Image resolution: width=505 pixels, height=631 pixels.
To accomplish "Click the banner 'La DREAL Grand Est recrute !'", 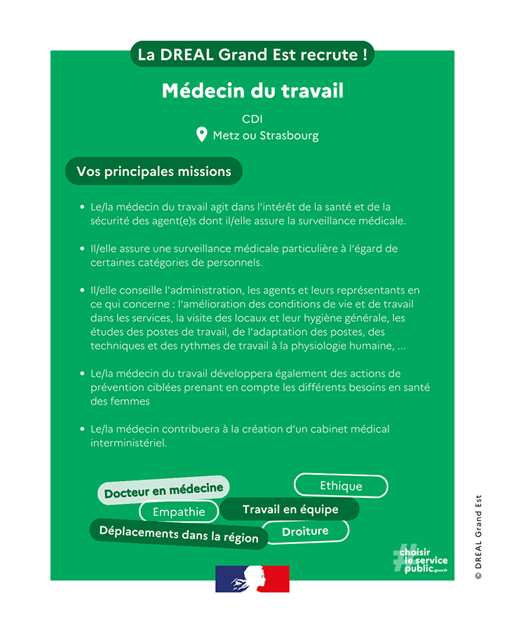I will click(x=252, y=55).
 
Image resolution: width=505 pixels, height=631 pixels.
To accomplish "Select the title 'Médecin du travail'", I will click(x=252, y=91).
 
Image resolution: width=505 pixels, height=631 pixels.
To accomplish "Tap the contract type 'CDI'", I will click(x=252, y=119).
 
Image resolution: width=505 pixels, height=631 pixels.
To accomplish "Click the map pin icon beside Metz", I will click(x=201, y=135).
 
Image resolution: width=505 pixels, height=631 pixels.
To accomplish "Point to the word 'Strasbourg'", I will click(x=289, y=136).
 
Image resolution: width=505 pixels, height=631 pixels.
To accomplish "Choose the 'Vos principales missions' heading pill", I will click(x=154, y=171).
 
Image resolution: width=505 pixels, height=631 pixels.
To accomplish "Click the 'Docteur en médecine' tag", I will click(x=163, y=490).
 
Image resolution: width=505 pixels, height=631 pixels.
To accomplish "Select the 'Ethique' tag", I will click(x=341, y=486).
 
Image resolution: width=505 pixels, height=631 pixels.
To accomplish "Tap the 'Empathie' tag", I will click(x=179, y=512).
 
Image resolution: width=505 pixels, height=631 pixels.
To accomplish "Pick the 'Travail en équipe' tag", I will click(x=290, y=510).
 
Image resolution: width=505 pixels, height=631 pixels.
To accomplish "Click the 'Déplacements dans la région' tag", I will click(x=179, y=534).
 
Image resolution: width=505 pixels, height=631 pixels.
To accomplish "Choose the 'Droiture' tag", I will click(x=305, y=531).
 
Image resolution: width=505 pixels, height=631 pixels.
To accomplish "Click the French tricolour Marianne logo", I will click(x=252, y=579).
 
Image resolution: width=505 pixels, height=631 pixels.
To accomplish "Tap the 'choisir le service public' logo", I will click(x=420, y=559).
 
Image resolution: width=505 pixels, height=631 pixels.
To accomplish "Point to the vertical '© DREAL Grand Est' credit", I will click(x=478, y=536).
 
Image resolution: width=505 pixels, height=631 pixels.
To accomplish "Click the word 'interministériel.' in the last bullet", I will click(x=128, y=443).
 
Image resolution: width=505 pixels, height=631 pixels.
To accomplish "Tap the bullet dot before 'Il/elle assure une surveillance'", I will click(x=82, y=249).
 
